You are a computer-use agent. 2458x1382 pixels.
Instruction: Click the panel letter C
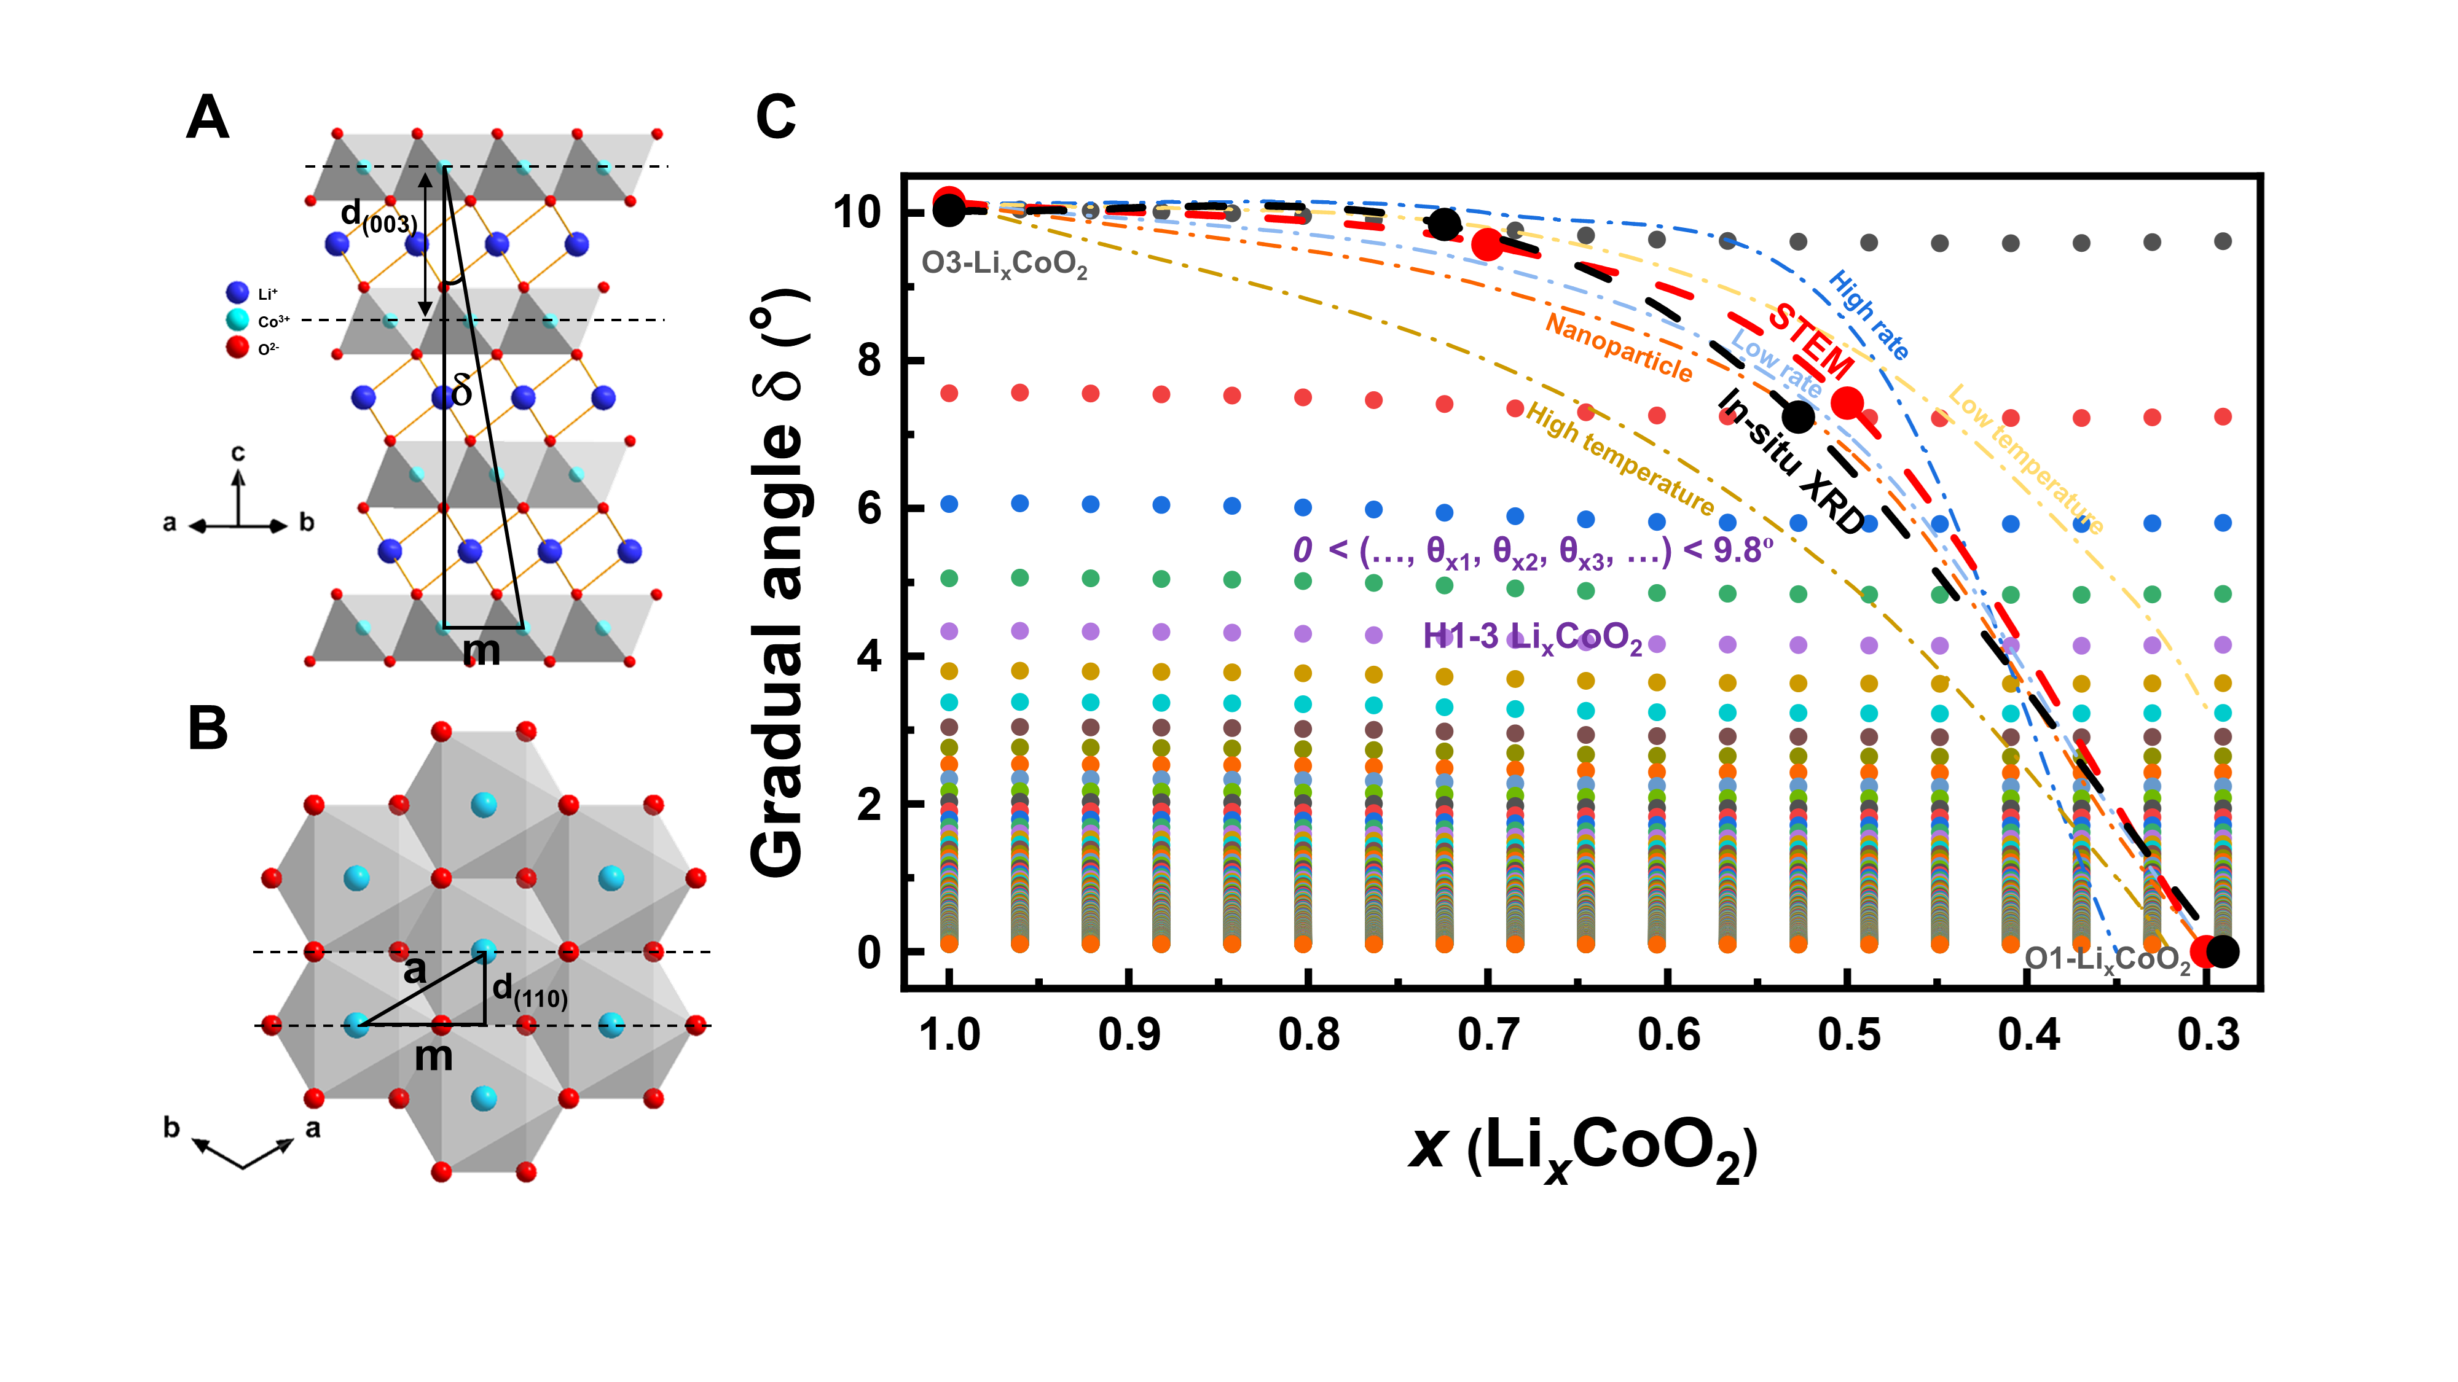point(775,117)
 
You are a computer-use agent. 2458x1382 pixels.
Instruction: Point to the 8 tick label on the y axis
point(868,361)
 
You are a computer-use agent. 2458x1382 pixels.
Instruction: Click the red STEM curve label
point(1810,340)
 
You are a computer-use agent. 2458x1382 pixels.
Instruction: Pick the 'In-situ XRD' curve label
point(1791,462)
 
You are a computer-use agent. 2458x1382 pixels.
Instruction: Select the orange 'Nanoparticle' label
point(1619,348)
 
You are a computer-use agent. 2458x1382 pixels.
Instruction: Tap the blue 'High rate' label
point(1868,314)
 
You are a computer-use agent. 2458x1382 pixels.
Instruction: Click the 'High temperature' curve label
point(1619,458)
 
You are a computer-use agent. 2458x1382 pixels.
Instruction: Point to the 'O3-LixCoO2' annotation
point(1004,264)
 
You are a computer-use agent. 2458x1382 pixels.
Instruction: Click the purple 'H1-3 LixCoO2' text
point(1531,637)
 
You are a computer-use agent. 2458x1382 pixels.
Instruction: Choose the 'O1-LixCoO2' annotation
point(2107,959)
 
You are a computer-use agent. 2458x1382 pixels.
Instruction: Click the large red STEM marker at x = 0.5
point(1847,404)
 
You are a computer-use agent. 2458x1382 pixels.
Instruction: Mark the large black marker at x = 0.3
point(2222,951)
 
